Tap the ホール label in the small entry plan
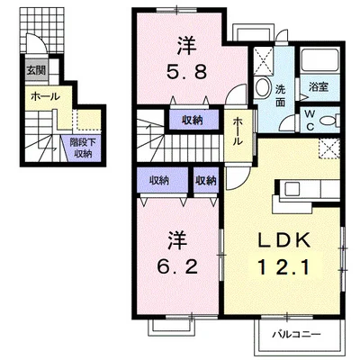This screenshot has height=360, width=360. (x=45, y=96)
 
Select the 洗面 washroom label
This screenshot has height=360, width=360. (x=280, y=92)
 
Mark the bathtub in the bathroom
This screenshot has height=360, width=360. (x=317, y=61)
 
